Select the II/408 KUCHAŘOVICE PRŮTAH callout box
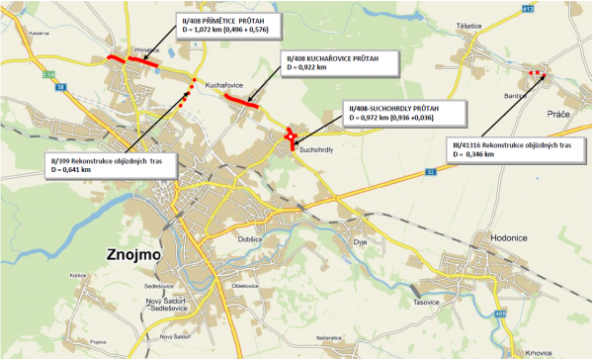click(334, 64)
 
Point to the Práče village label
click(559, 115)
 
